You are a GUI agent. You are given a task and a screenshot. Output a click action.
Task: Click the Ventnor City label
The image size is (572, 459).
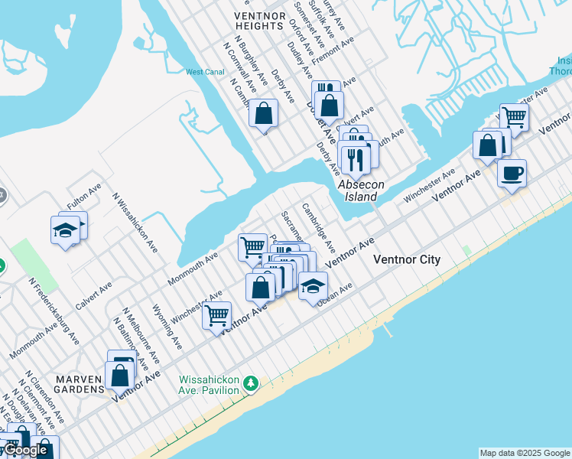point(406,259)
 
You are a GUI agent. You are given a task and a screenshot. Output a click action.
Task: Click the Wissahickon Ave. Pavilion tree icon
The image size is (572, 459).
point(249,382)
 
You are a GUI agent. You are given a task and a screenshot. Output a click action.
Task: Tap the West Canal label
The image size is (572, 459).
point(204,73)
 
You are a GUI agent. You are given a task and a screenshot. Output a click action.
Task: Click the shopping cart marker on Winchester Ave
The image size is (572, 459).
point(217,314)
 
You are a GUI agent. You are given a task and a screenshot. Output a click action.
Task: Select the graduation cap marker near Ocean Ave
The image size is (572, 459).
point(312,286)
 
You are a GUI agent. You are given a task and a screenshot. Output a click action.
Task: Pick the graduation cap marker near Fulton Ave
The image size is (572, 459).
point(66,229)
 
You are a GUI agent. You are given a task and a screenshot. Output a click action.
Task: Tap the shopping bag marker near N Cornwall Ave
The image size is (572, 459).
point(263,113)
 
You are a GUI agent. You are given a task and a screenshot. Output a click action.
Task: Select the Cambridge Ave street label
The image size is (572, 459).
point(317,227)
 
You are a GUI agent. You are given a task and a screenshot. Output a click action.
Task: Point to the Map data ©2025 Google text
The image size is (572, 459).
point(525,453)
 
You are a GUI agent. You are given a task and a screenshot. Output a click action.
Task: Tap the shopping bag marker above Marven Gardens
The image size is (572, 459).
point(119,375)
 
